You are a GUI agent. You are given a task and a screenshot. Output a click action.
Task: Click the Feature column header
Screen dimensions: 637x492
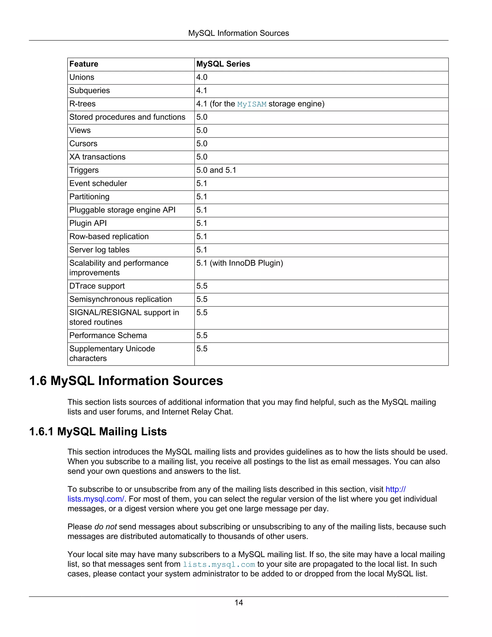pyautogui.click(x=84, y=64)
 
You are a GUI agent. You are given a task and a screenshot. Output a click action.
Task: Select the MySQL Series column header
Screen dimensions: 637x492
pyautogui.click(x=223, y=64)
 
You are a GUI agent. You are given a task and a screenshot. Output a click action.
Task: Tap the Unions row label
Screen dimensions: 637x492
pyautogui.click(x=82, y=77)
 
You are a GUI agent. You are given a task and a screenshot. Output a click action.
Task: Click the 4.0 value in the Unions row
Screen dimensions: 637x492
pyautogui.click(x=202, y=77)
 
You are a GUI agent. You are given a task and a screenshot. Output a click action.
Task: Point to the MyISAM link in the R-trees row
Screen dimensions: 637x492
pyautogui.click(x=252, y=104)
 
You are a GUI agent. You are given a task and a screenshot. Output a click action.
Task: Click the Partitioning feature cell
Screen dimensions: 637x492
pyautogui.click(x=89, y=197)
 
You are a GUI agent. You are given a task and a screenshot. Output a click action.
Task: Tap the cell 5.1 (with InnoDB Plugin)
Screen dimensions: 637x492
pyautogui.click(x=240, y=263)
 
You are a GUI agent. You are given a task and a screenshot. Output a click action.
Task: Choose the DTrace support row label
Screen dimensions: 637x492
pyautogui.click(x=97, y=286)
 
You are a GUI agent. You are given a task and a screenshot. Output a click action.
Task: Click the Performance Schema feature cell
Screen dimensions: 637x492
pyautogui.click(x=108, y=335)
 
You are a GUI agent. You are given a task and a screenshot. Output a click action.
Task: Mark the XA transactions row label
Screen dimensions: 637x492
pyautogui.click(x=97, y=157)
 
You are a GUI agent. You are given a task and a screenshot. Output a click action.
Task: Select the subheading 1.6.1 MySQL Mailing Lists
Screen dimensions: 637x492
pyautogui.click(x=98, y=432)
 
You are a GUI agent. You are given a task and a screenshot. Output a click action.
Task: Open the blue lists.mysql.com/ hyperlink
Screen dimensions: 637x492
pyautogui.click(x=96, y=499)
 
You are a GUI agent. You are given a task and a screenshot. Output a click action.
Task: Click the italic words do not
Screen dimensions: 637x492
pyautogui.click(x=105, y=527)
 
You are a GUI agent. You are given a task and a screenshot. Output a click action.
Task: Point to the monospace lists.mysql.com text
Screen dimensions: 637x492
pyautogui.click(x=219, y=564)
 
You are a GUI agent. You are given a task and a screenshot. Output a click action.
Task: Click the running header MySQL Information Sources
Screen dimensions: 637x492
pyautogui.click(x=238, y=33)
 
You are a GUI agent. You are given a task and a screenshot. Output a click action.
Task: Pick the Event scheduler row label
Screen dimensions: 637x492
pyautogui.click(x=98, y=183)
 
